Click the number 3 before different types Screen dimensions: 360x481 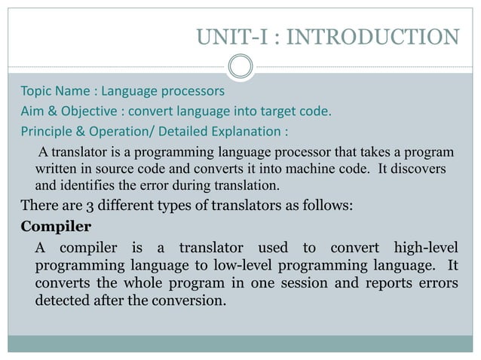coord(79,205)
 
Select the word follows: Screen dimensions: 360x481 coord(325,205)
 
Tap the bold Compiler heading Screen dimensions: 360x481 coord(56,226)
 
